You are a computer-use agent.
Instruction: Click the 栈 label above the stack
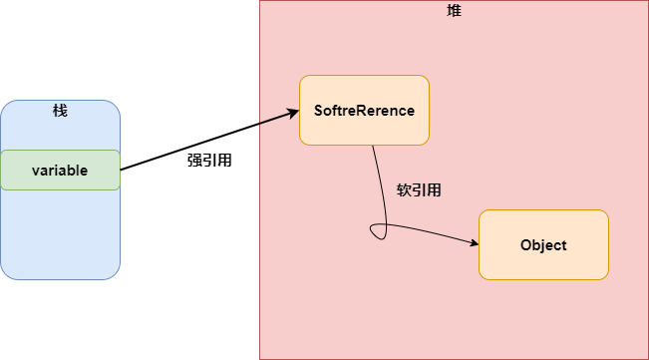point(60,110)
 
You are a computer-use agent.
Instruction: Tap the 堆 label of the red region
point(454,10)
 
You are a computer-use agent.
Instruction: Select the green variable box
point(60,170)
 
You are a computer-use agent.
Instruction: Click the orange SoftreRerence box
point(364,110)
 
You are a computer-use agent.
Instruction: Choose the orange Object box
point(543,244)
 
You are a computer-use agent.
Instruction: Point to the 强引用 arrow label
point(210,159)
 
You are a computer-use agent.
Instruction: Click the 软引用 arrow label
point(419,189)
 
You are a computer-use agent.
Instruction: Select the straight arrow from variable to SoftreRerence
point(209,141)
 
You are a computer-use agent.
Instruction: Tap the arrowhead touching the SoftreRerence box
point(294,113)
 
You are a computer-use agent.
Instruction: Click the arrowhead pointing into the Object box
point(474,243)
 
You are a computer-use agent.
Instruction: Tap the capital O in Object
point(525,244)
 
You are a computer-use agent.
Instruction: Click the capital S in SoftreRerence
point(319,110)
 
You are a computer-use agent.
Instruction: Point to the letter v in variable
point(36,171)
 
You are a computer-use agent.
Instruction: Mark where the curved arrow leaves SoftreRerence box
point(373,146)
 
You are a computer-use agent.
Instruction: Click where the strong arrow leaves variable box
point(121,170)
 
